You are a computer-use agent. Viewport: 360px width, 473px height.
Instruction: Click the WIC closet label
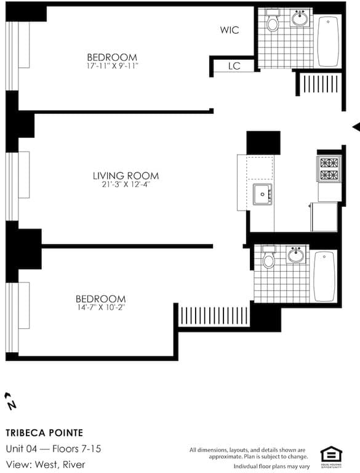(x=230, y=30)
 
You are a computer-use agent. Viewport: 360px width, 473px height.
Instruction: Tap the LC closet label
(x=234, y=66)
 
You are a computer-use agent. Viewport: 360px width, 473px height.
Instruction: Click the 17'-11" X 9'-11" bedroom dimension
(x=112, y=65)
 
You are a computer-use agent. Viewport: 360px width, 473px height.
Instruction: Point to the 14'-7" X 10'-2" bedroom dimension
(x=102, y=306)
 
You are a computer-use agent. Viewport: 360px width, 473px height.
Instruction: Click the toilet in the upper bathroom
(x=273, y=22)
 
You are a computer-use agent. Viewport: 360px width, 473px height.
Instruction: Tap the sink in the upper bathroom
(x=300, y=19)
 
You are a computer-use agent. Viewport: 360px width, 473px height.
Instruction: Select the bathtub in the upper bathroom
(x=328, y=41)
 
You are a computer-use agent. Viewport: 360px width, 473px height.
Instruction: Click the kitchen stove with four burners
(x=328, y=169)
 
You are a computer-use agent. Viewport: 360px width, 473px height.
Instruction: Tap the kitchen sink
(x=262, y=195)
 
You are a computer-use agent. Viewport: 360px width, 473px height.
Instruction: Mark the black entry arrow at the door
(x=355, y=126)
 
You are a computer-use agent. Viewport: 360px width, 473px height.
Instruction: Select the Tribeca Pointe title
(x=44, y=433)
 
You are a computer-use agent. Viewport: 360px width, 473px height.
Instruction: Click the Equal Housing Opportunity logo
(x=330, y=456)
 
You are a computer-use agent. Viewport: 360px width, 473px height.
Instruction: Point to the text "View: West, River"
(x=46, y=464)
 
